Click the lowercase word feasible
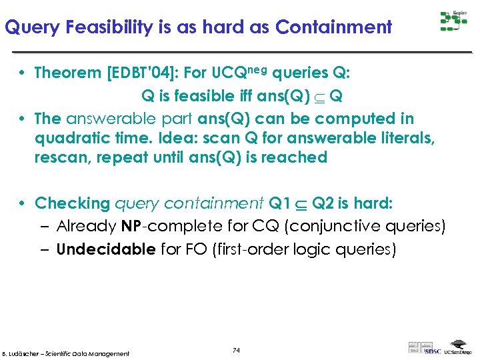(x=206, y=96)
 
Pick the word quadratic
(x=68, y=138)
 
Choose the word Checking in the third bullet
(x=72, y=203)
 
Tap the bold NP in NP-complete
(x=130, y=227)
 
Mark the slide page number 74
(x=236, y=350)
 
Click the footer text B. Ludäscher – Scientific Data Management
(x=66, y=353)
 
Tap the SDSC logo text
(x=433, y=351)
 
